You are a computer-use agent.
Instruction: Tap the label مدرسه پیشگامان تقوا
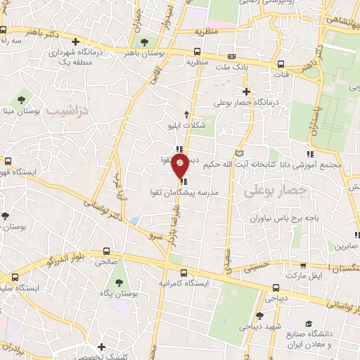(x=186, y=192)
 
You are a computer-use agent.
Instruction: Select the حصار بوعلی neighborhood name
(x=276, y=190)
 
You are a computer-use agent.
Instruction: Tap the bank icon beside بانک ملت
(x=231, y=57)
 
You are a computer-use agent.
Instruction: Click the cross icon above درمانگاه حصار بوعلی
(x=246, y=91)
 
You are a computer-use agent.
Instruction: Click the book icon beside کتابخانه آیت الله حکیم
(x=240, y=153)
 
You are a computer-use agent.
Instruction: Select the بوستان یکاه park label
(x=117, y=291)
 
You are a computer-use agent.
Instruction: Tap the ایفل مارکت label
(x=328, y=276)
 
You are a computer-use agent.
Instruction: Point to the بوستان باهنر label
(x=144, y=53)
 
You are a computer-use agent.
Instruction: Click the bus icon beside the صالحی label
(x=106, y=251)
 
